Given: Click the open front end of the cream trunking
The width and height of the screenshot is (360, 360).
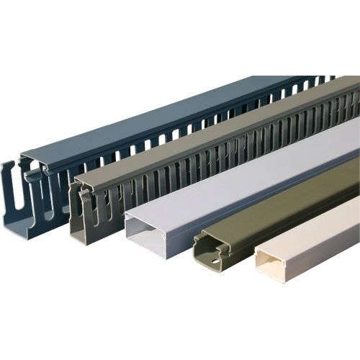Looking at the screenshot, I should pyautogui.click(x=269, y=267).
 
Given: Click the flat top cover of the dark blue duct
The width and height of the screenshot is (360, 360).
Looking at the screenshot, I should pyautogui.click(x=144, y=122).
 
